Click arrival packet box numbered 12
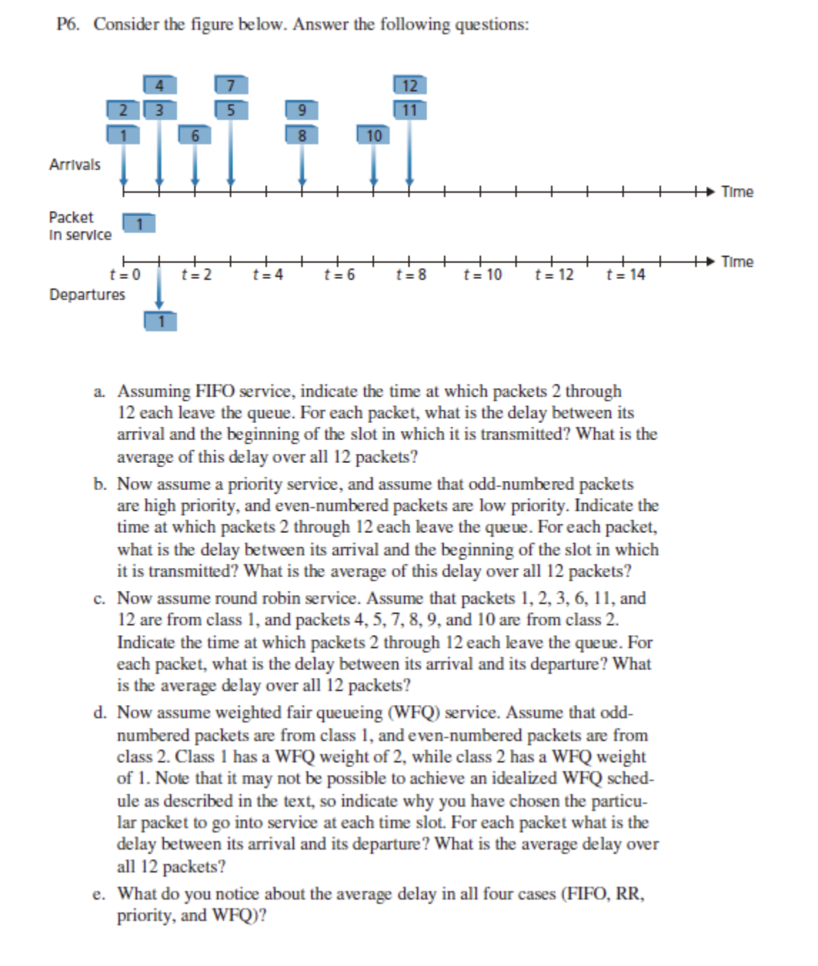(410, 86)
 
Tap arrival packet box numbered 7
(231, 86)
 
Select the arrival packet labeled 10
(373, 135)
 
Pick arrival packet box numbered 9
(302, 111)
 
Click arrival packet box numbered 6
(195, 135)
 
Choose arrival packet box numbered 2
(123, 111)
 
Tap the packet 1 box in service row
(140, 224)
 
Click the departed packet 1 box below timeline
(161, 322)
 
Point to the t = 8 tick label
(411, 275)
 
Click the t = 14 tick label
(625, 275)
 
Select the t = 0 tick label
(125, 275)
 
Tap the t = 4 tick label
(268, 275)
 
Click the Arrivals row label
(75, 165)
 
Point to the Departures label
(87, 295)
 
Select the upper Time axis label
(737, 192)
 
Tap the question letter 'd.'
(101, 713)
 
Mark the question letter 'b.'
(101, 484)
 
